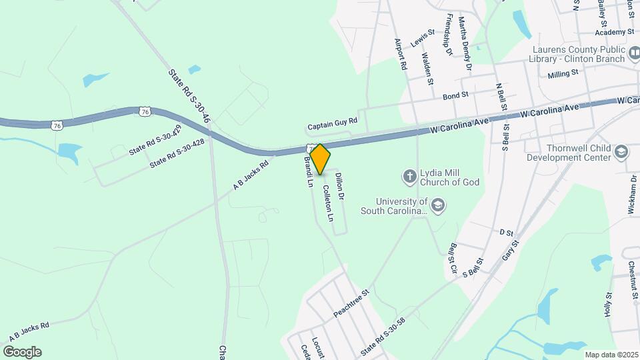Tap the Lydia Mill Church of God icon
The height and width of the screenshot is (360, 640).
(x=409, y=177)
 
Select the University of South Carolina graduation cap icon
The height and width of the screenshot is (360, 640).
(x=438, y=205)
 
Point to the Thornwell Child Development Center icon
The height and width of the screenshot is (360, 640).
(x=621, y=152)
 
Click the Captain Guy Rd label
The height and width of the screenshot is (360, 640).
(x=332, y=124)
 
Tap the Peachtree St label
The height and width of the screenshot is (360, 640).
(x=351, y=303)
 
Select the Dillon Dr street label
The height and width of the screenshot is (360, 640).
(x=340, y=186)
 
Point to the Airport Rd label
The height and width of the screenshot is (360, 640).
(x=401, y=54)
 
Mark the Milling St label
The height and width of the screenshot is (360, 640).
(x=562, y=76)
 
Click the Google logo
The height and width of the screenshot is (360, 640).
(x=21, y=351)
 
